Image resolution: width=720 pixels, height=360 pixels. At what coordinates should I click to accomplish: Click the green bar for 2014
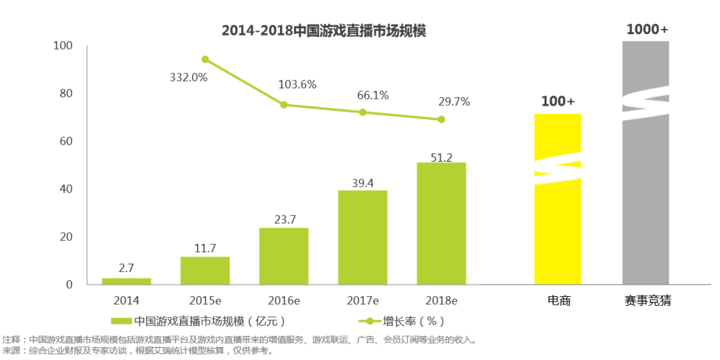pos(126,281)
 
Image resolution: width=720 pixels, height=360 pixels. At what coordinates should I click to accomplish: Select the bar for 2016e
pos(283,256)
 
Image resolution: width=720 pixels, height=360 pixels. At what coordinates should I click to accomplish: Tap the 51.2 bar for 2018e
pos(441,223)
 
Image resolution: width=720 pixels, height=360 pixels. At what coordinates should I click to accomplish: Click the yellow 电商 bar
pos(557,223)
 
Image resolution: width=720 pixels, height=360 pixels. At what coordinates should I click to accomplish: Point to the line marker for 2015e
pos(205,60)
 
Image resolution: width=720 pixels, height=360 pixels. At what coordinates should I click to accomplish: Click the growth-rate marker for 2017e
pos(363,112)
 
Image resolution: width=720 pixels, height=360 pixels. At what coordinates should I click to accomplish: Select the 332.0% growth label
pos(188,78)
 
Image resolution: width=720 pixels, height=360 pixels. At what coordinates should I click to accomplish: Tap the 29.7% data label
pos(454,102)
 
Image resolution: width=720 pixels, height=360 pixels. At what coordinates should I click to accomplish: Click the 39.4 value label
pos(363,183)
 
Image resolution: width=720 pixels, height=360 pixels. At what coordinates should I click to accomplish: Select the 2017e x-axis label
pos(363,300)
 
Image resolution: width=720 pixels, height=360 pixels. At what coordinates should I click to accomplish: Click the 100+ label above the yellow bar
pos(558,101)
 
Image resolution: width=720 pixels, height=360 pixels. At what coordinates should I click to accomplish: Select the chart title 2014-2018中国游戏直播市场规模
pos(323,31)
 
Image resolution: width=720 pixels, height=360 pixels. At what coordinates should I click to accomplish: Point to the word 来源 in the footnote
pos(11,351)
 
